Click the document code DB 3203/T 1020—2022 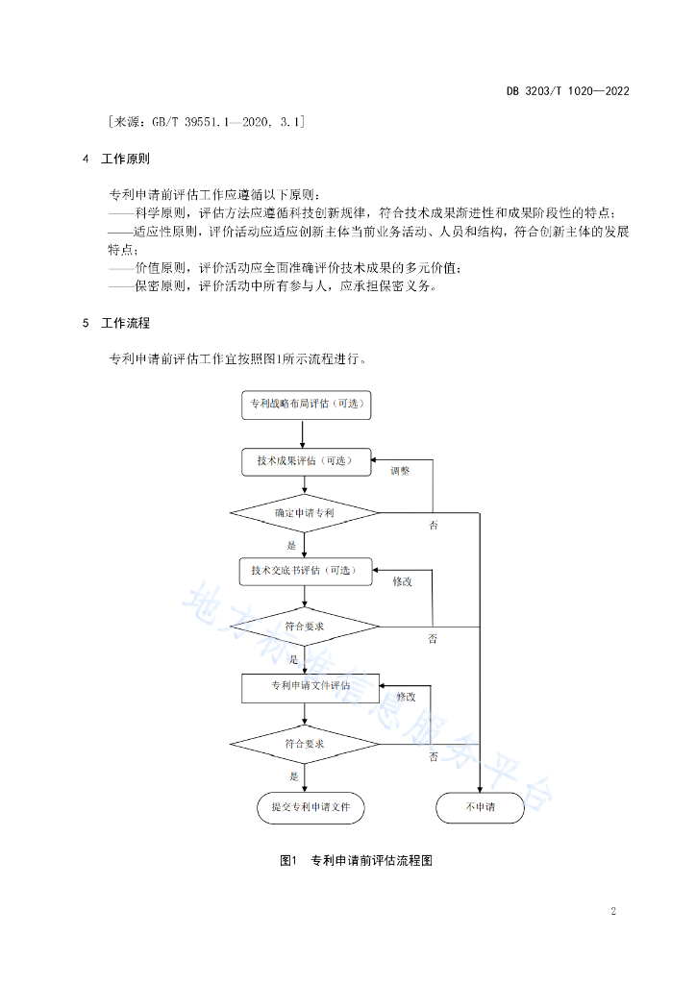(x=567, y=91)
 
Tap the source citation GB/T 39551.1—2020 (x=202, y=122)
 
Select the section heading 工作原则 (x=126, y=159)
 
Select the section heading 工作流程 (x=126, y=323)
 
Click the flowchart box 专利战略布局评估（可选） (x=307, y=405)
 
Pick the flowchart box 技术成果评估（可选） (x=307, y=462)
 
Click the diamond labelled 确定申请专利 (x=305, y=513)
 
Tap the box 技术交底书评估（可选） (x=306, y=571)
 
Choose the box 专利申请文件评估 (x=311, y=688)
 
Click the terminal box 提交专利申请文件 (x=311, y=807)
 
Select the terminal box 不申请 (x=480, y=807)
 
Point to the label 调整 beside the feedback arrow (x=400, y=471)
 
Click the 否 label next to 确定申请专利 (x=433, y=526)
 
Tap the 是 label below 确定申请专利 (x=291, y=546)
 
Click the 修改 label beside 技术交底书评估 (x=402, y=581)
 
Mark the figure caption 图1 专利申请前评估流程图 (x=356, y=860)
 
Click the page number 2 (x=613, y=911)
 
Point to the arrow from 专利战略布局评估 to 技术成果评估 (x=303, y=434)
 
